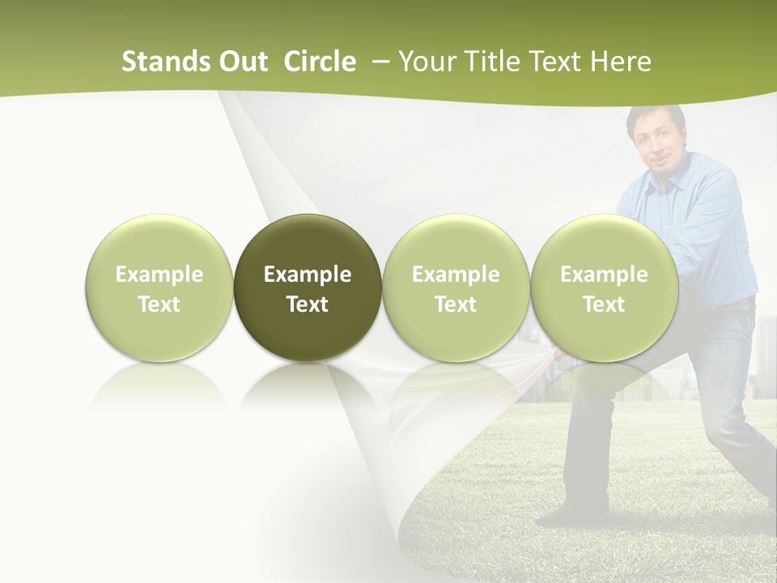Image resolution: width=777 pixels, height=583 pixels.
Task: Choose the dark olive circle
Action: coord(308,287)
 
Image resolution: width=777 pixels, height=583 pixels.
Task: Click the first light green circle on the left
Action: coord(159,287)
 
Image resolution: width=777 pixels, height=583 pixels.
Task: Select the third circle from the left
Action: coord(456,287)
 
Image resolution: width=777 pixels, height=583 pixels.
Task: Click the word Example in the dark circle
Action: coord(308,274)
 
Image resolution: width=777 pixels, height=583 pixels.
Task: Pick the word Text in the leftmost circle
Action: coord(159,304)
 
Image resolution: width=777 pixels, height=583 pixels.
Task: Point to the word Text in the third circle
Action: coord(456,304)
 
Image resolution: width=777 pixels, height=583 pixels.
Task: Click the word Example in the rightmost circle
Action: coord(604,274)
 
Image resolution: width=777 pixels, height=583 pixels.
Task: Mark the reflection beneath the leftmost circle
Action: coord(159,384)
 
